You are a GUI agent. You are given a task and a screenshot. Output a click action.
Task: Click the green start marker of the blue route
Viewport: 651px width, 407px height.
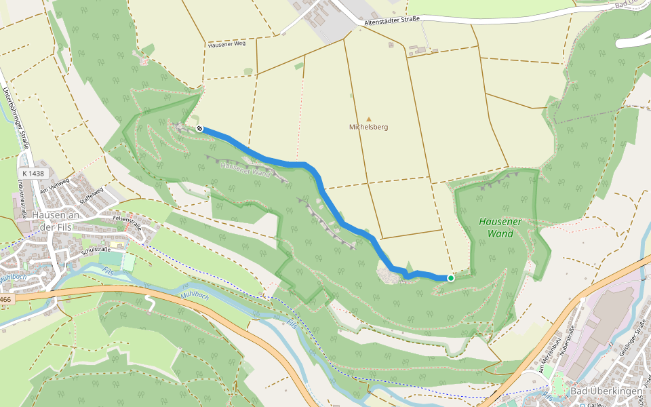[450, 278]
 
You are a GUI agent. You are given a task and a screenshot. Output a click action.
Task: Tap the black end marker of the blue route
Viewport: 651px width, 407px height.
[199, 128]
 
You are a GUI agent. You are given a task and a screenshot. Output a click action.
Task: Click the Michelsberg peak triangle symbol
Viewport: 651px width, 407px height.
[369, 119]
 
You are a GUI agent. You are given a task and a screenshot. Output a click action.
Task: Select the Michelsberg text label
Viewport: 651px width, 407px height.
[369, 128]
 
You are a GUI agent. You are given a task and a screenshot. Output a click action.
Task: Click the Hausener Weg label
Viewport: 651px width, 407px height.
[226, 45]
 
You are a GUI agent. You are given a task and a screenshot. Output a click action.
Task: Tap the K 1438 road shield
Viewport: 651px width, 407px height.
[33, 174]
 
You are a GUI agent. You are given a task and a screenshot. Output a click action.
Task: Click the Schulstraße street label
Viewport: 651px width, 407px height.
[96, 249]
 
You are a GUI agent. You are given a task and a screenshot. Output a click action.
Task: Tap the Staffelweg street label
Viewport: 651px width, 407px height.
[90, 197]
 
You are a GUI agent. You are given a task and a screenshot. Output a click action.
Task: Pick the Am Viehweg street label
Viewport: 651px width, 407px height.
[54, 187]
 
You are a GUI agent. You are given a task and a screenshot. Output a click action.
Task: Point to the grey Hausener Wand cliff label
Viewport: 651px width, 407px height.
[246, 170]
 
